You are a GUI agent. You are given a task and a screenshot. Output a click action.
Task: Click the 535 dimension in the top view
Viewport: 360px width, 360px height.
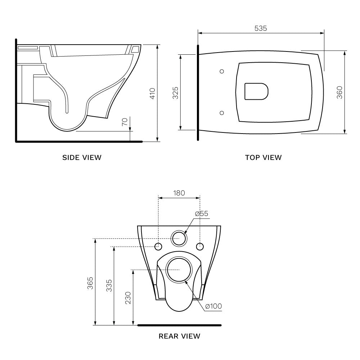tap(261, 28)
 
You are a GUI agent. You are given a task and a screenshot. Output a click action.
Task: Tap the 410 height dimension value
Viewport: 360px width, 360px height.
tap(152, 93)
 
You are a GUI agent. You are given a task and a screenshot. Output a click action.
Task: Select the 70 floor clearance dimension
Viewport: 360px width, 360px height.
tap(125, 122)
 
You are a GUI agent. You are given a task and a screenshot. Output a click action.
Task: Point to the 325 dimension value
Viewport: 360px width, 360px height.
tap(175, 93)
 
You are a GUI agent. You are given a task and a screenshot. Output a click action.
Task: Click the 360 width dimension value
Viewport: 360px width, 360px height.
tap(339, 92)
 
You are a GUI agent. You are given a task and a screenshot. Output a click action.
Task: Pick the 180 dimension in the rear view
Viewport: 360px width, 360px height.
tap(179, 193)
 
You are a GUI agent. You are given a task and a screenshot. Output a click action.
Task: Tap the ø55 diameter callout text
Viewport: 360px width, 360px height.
tap(202, 213)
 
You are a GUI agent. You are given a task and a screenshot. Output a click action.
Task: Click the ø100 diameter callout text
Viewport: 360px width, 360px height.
tap(213, 306)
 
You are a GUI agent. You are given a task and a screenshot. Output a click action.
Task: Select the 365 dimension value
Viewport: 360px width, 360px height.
tap(90, 283)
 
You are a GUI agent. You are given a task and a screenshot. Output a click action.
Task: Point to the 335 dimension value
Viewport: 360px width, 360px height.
tap(109, 285)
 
